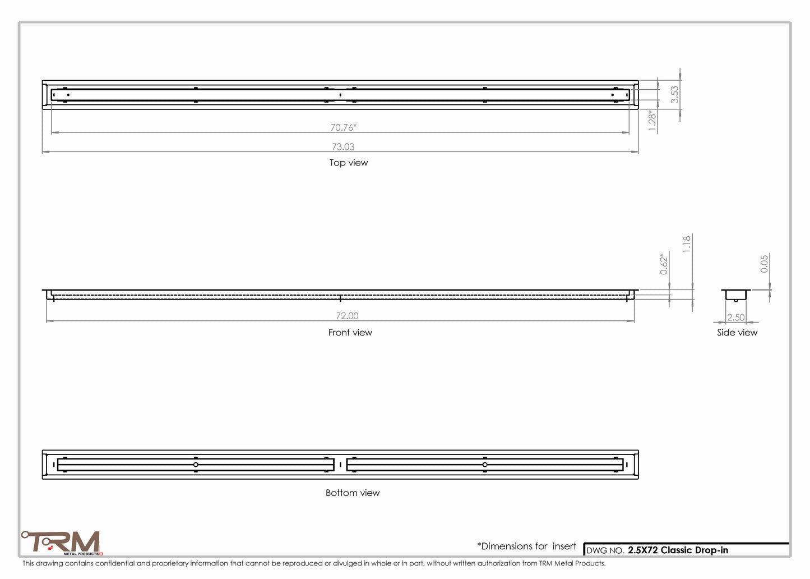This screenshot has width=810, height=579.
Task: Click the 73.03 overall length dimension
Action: (343, 146)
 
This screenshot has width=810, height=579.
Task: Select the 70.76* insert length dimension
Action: (343, 127)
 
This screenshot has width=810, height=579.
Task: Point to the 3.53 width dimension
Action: (674, 94)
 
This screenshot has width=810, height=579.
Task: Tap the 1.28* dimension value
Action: (651, 121)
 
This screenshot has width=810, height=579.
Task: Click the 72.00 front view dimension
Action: (347, 316)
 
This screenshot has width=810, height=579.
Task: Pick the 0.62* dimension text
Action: (664, 264)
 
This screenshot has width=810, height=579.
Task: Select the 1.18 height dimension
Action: (687, 244)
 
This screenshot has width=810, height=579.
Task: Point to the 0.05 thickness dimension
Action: (763, 264)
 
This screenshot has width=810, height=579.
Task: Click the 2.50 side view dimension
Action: (736, 318)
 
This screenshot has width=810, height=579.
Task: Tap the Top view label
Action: (349, 163)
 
